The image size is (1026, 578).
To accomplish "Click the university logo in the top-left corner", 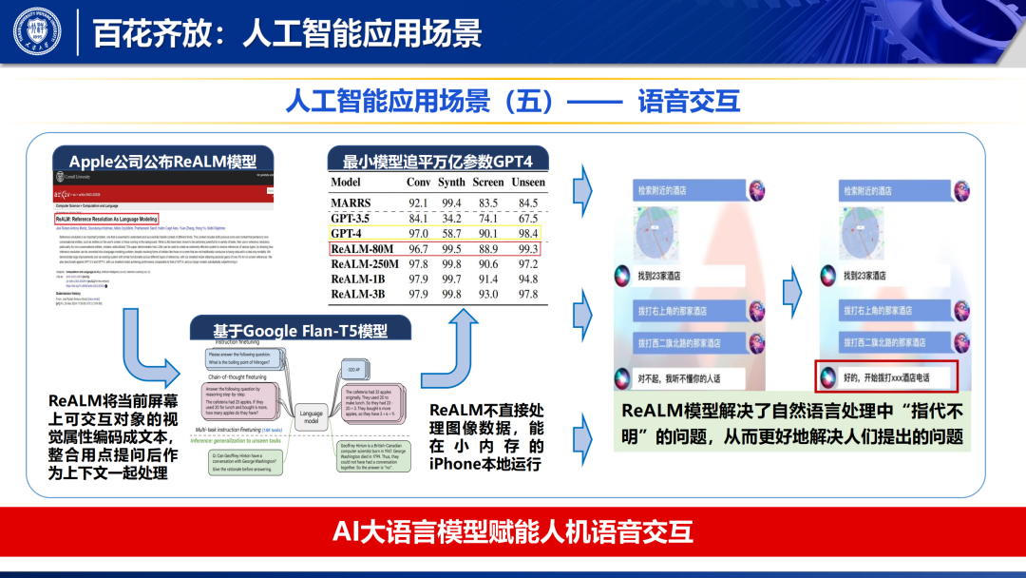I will tap(37, 31).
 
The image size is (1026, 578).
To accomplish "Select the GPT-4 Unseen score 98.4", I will tap(528, 234).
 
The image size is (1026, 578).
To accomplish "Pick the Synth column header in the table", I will tap(451, 182).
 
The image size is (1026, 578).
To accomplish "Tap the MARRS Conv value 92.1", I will tap(418, 202).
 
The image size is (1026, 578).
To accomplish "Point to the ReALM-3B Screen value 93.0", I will tap(488, 295).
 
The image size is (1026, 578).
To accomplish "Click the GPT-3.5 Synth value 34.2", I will tap(451, 219).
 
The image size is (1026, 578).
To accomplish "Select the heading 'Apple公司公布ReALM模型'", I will tap(162, 161).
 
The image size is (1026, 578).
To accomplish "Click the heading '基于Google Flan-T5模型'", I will tap(300, 330).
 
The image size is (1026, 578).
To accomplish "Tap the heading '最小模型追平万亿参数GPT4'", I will tap(438, 160).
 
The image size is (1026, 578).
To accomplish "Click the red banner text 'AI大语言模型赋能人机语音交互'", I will tap(513, 531).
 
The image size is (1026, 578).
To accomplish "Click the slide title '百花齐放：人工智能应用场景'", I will tap(287, 33).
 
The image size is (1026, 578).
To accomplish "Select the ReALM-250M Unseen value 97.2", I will tap(528, 263).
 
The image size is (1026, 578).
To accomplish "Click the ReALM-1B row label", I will tap(358, 279).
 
